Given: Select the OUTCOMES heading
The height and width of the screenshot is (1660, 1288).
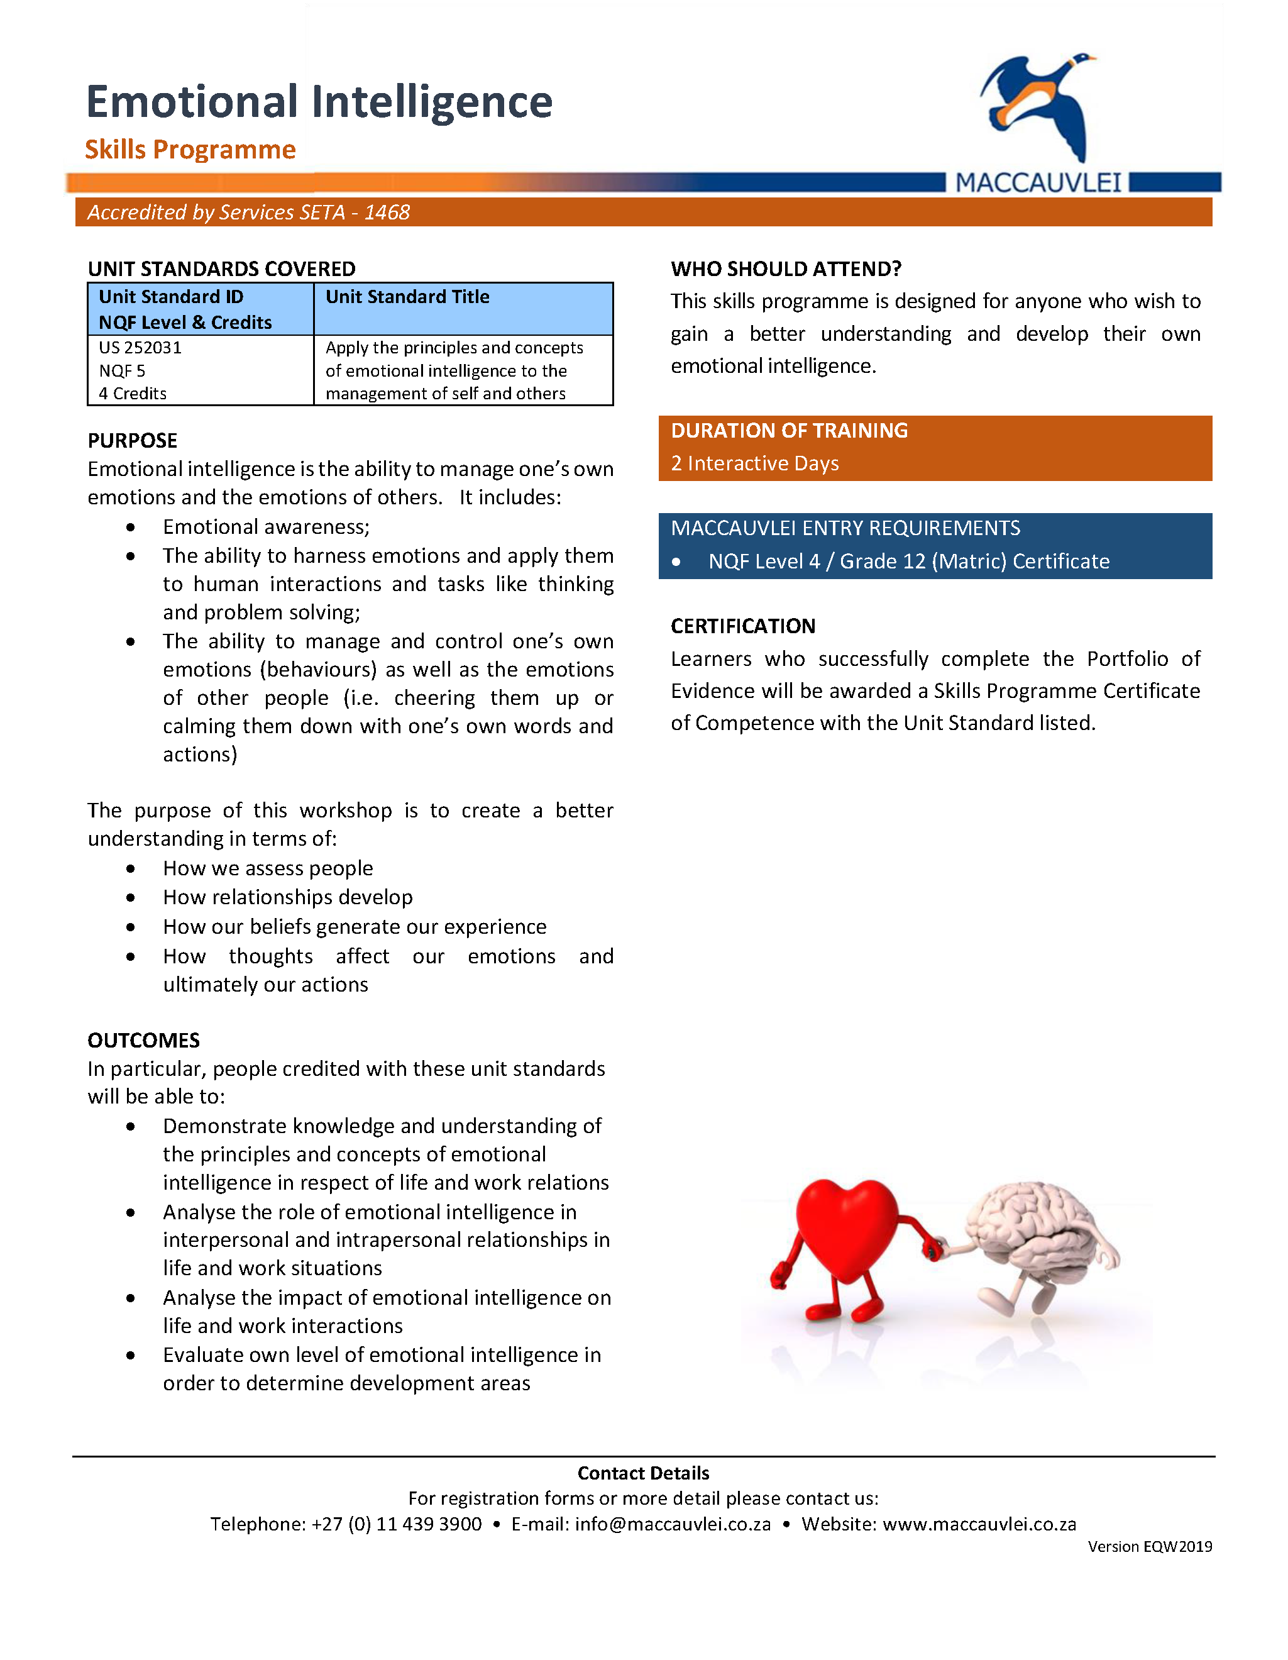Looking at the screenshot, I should pyautogui.click(x=143, y=1040).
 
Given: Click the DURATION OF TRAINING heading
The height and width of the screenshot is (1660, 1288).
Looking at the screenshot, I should pyautogui.click(x=789, y=430).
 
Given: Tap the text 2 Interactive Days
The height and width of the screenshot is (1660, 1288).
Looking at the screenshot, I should pyautogui.click(x=754, y=463).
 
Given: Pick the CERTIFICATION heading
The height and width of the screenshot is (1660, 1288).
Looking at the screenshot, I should pyautogui.click(x=742, y=626).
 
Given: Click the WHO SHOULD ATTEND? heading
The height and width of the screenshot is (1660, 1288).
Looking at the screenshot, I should pyautogui.click(x=786, y=268).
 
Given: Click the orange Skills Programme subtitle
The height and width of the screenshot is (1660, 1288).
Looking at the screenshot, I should pyautogui.click(x=190, y=149).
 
